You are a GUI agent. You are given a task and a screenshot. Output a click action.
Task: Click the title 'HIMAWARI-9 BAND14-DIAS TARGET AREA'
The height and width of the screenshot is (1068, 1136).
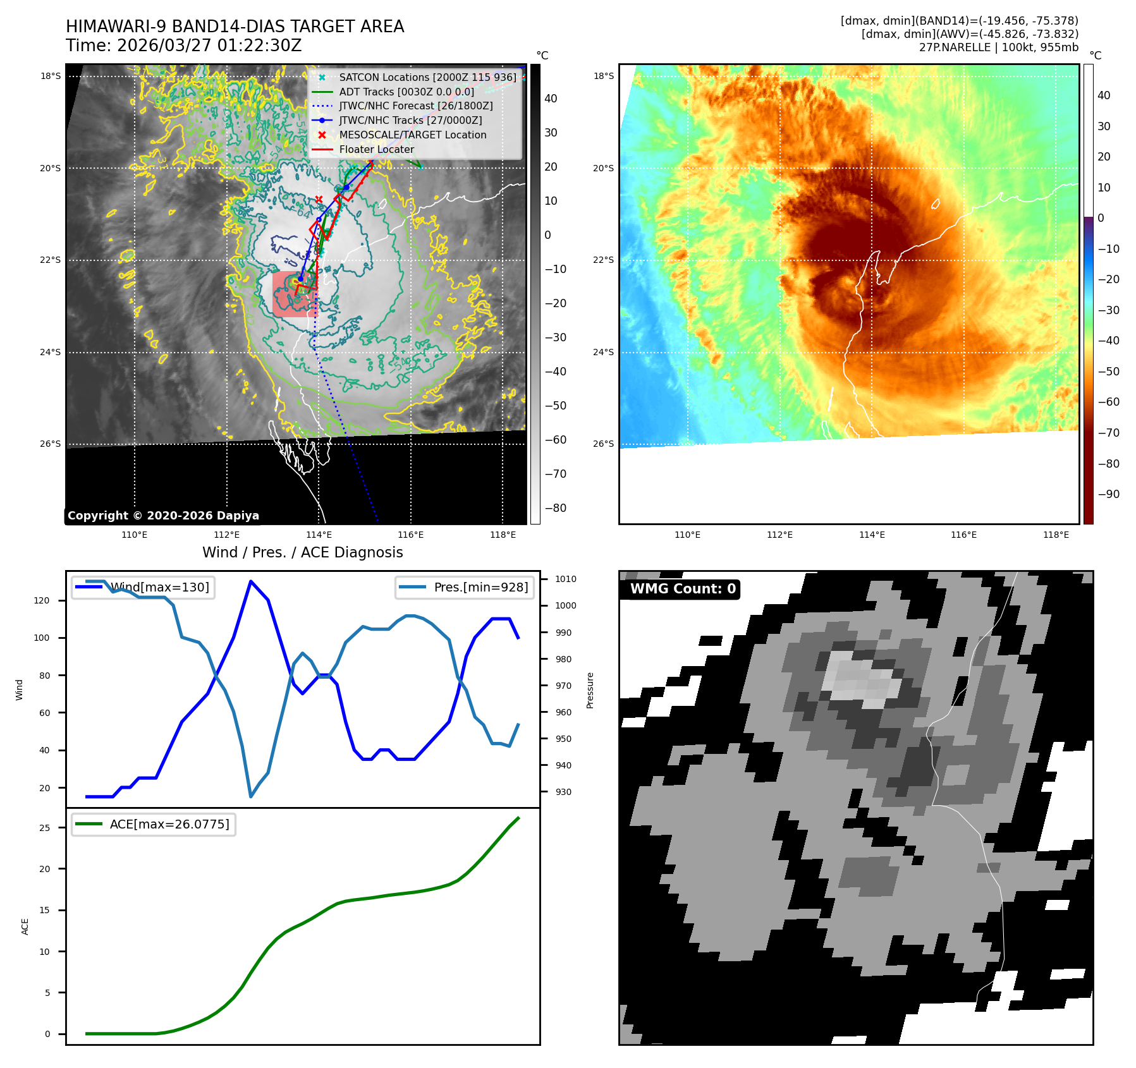click(235, 27)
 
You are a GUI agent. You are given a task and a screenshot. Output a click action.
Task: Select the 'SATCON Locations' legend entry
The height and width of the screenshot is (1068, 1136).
click(427, 77)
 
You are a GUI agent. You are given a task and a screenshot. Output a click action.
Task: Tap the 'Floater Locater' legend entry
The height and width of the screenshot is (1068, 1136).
click(376, 149)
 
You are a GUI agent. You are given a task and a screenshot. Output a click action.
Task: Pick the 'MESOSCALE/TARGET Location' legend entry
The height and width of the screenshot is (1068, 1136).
click(412, 135)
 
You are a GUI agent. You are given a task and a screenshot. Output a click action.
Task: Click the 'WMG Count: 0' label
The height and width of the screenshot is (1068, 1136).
click(682, 589)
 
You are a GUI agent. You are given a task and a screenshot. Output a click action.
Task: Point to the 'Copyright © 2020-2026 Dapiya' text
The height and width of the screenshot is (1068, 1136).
click(163, 516)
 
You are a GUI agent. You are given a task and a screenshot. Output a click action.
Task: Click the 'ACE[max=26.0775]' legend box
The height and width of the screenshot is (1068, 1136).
click(154, 824)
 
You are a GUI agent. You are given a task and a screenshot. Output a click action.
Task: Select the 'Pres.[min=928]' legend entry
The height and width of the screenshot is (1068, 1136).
click(465, 587)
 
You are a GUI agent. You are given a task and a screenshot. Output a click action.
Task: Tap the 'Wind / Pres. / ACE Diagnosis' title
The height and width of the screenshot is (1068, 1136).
click(302, 552)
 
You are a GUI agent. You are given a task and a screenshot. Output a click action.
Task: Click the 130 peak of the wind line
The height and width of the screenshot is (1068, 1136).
click(251, 581)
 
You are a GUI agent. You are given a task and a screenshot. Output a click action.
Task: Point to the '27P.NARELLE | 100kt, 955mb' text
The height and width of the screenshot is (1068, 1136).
click(998, 47)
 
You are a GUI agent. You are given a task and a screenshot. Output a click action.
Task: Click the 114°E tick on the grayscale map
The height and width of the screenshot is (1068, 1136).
click(319, 535)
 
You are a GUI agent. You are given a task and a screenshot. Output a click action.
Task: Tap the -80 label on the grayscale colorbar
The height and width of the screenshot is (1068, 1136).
click(555, 508)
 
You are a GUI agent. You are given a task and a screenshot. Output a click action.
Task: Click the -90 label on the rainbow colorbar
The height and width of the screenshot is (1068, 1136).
click(1108, 494)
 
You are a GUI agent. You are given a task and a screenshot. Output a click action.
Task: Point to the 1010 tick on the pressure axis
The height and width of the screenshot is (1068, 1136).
click(565, 579)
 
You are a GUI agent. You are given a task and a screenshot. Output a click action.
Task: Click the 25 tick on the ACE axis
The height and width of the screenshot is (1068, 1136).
click(45, 828)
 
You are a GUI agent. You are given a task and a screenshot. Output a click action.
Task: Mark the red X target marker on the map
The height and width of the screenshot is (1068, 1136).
click(319, 199)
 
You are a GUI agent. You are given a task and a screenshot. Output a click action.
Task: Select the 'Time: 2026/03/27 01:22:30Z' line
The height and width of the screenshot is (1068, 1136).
click(183, 46)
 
